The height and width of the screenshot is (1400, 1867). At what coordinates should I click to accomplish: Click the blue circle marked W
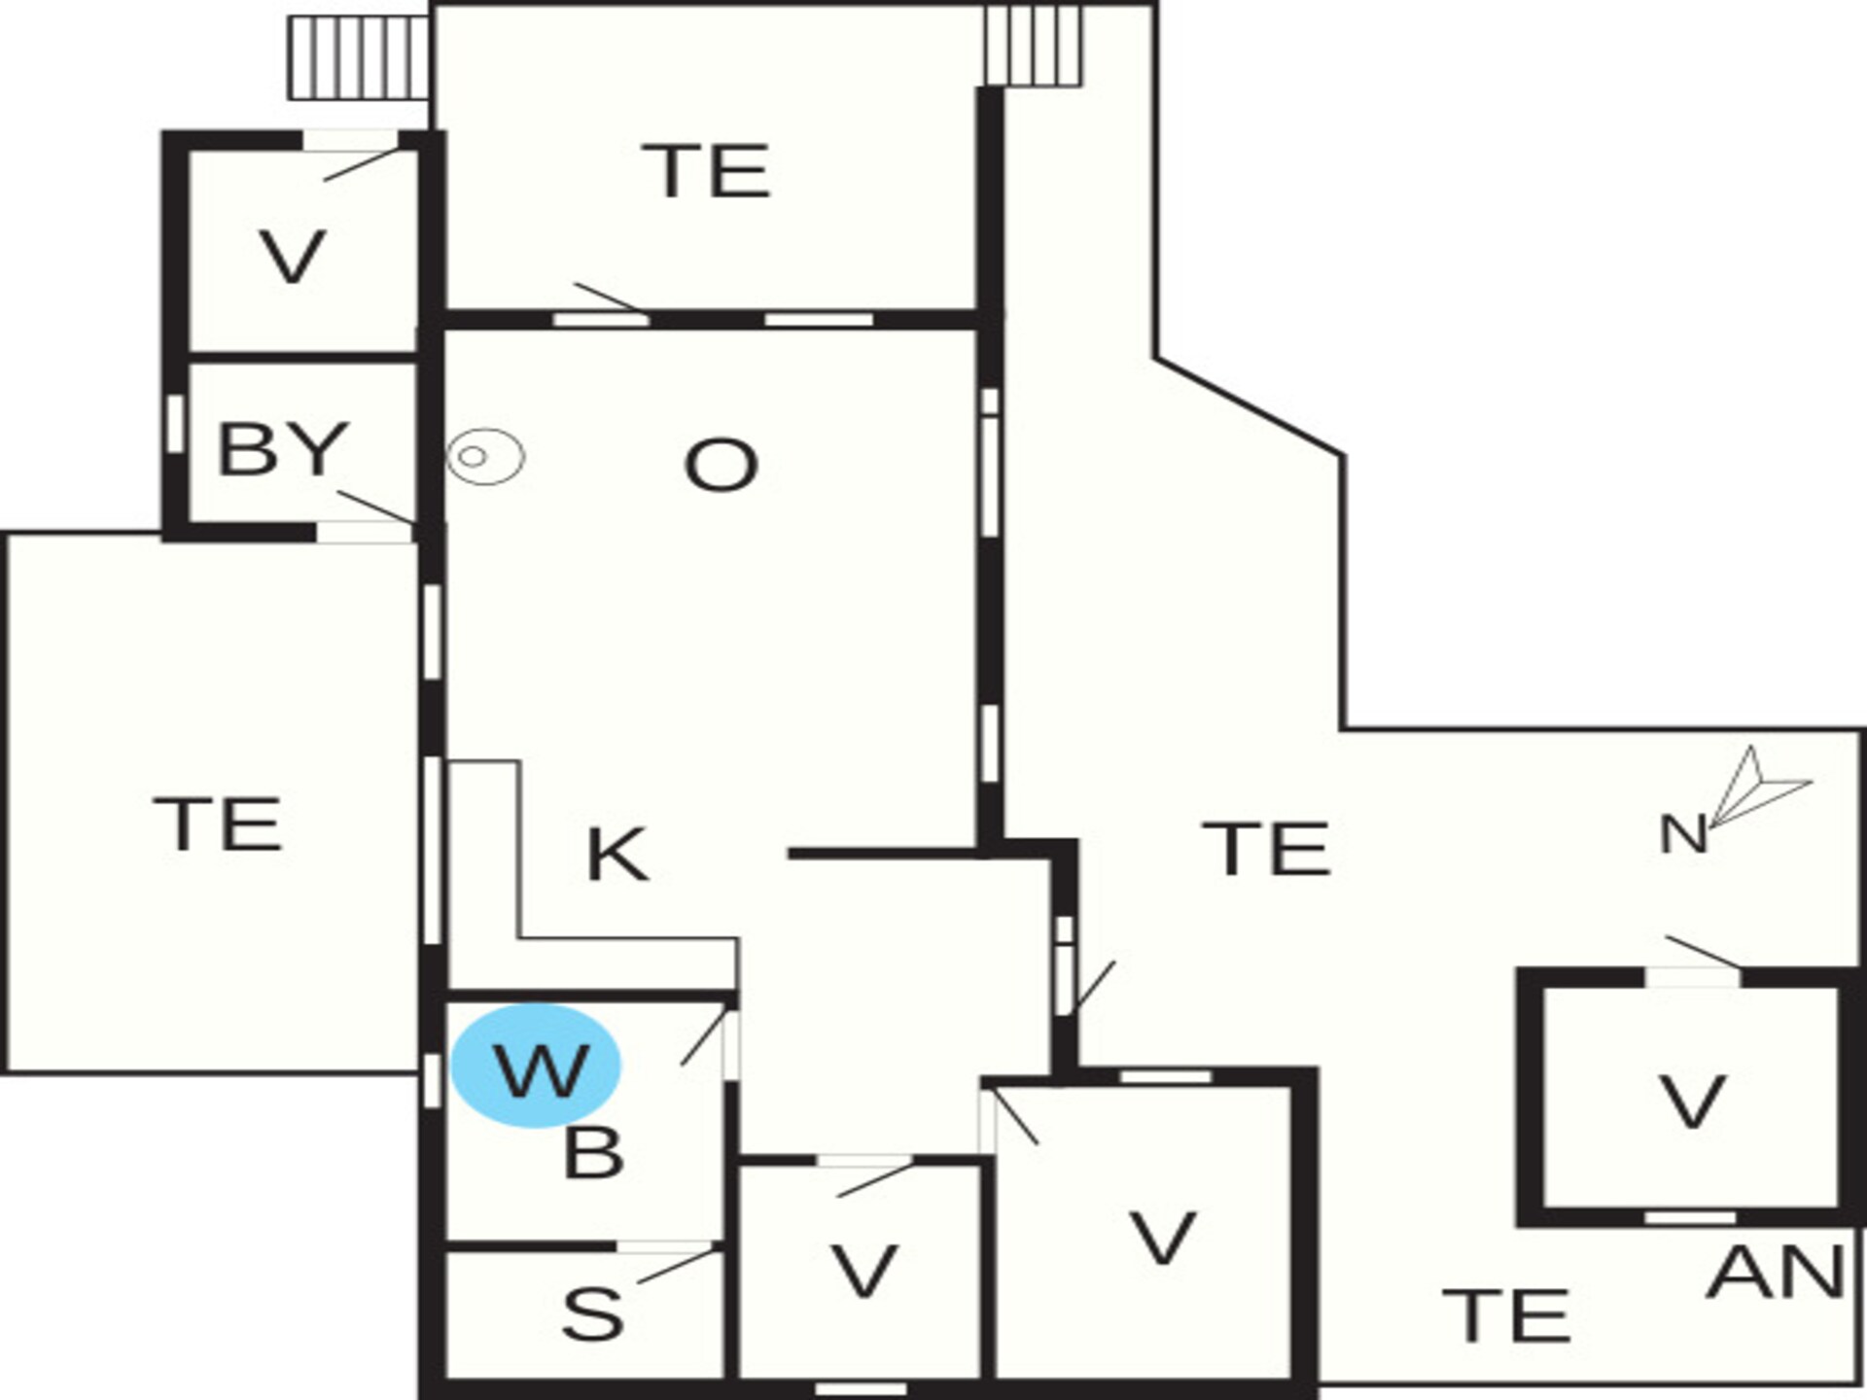536,1066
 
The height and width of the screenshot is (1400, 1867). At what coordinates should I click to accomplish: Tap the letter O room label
721,465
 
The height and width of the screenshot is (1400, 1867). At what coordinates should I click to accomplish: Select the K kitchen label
617,855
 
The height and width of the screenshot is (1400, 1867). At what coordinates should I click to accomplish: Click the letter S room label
592,1313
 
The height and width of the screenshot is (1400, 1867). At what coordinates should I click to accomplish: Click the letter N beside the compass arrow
1683,834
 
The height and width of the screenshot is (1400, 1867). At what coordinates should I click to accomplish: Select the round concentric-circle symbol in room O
485,456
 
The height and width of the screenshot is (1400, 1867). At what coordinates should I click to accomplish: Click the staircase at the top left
360,57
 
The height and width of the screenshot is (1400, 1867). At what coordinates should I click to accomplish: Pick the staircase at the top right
1033,45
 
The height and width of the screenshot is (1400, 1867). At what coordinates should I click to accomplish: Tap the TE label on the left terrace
219,823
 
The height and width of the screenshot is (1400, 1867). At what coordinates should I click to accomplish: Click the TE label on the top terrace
707,171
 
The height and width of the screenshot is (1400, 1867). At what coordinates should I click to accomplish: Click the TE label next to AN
1506,1314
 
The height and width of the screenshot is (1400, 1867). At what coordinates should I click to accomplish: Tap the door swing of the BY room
376,507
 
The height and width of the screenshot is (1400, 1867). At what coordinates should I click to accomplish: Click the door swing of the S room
677,1267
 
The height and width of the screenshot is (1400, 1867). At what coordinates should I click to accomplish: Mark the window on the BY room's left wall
175,424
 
